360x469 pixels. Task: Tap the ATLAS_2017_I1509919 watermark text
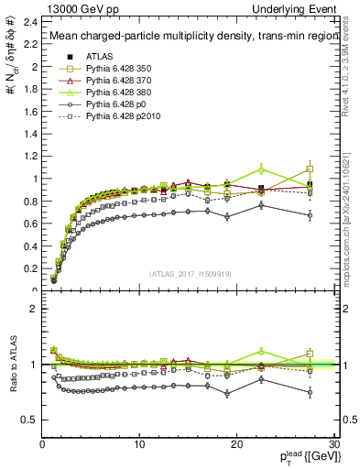190,272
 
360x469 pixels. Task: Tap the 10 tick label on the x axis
139,444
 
